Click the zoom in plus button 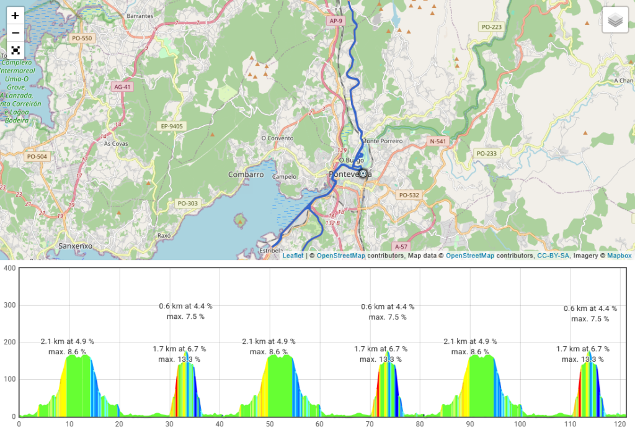pyautogui.click(x=16, y=16)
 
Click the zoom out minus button pyautogui.click(x=16, y=33)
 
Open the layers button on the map pyautogui.click(x=615, y=20)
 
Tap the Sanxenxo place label pyautogui.click(x=75, y=246)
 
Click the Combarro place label pyautogui.click(x=246, y=175)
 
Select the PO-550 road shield pyautogui.click(x=82, y=38)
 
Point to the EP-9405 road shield pyautogui.click(x=172, y=127)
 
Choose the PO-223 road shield pyautogui.click(x=491, y=27)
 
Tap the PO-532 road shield pyautogui.click(x=409, y=195)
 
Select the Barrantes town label pyautogui.click(x=140, y=16)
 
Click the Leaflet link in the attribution pyautogui.click(x=293, y=256)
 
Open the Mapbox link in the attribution pyautogui.click(x=619, y=256)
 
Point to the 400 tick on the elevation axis pyautogui.click(x=9, y=268)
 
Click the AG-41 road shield pyautogui.click(x=123, y=87)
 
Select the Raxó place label pyautogui.click(x=164, y=236)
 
